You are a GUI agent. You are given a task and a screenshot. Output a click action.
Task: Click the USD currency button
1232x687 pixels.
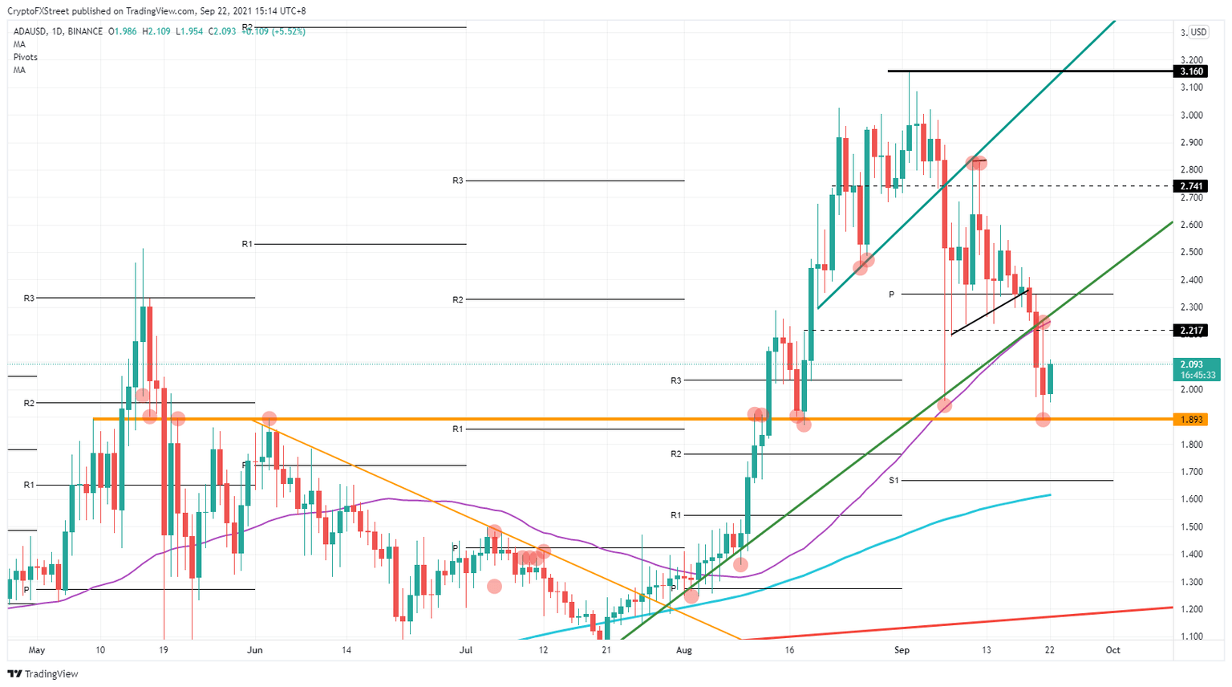(x=1198, y=32)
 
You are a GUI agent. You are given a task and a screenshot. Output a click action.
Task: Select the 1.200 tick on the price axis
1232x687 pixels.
(x=1192, y=609)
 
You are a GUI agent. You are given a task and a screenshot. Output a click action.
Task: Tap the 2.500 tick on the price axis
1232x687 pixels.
(x=1192, y=252)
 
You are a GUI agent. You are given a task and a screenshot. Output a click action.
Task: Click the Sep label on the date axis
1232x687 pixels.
(x=902, y=650)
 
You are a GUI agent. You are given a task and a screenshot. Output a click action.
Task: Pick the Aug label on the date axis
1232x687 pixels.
(x=683, y=650)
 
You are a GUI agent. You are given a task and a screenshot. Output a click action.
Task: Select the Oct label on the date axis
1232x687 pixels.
(x=1112, y=650)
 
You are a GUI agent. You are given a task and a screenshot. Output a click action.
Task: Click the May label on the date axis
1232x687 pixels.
(x=35, y=650)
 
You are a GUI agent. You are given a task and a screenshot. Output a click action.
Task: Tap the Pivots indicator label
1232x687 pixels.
(x=25, y=57)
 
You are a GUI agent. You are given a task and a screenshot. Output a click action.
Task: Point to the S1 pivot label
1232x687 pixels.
(x=894, y=480)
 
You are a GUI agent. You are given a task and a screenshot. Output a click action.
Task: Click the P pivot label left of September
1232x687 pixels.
(x=891, y=295)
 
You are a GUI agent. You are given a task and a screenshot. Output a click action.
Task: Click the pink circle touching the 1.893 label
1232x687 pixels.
(x=1043, y=419)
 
